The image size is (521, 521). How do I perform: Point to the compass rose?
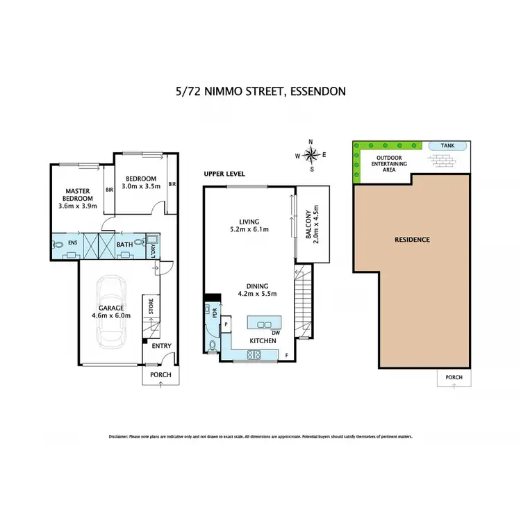coord(311,155)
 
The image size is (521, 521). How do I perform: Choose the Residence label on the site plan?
coord(413,240)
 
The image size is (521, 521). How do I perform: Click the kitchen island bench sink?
coord(265,324)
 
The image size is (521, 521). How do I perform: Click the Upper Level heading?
coord(224,174)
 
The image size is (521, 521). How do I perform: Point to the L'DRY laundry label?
coord(154,249)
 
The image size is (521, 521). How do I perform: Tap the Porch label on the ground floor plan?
coord(160,374)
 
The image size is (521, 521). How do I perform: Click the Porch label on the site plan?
coord(454,377)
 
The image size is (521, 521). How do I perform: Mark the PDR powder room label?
coord(215,312)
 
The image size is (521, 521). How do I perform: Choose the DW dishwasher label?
coord(276,333)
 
